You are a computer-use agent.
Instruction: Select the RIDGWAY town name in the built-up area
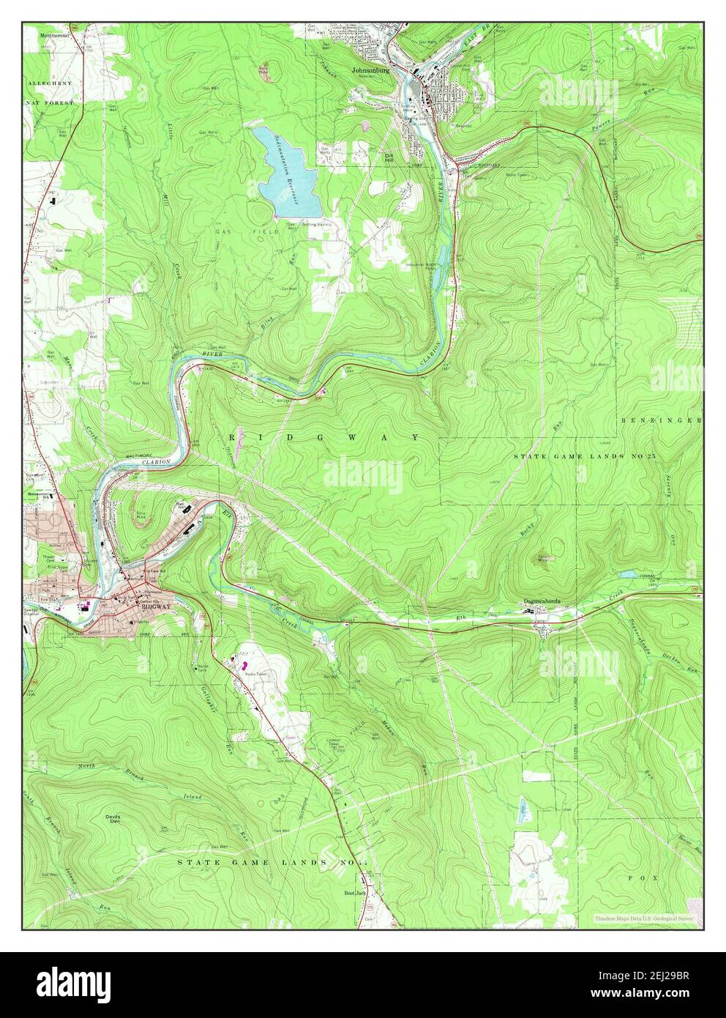click(153, 606)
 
